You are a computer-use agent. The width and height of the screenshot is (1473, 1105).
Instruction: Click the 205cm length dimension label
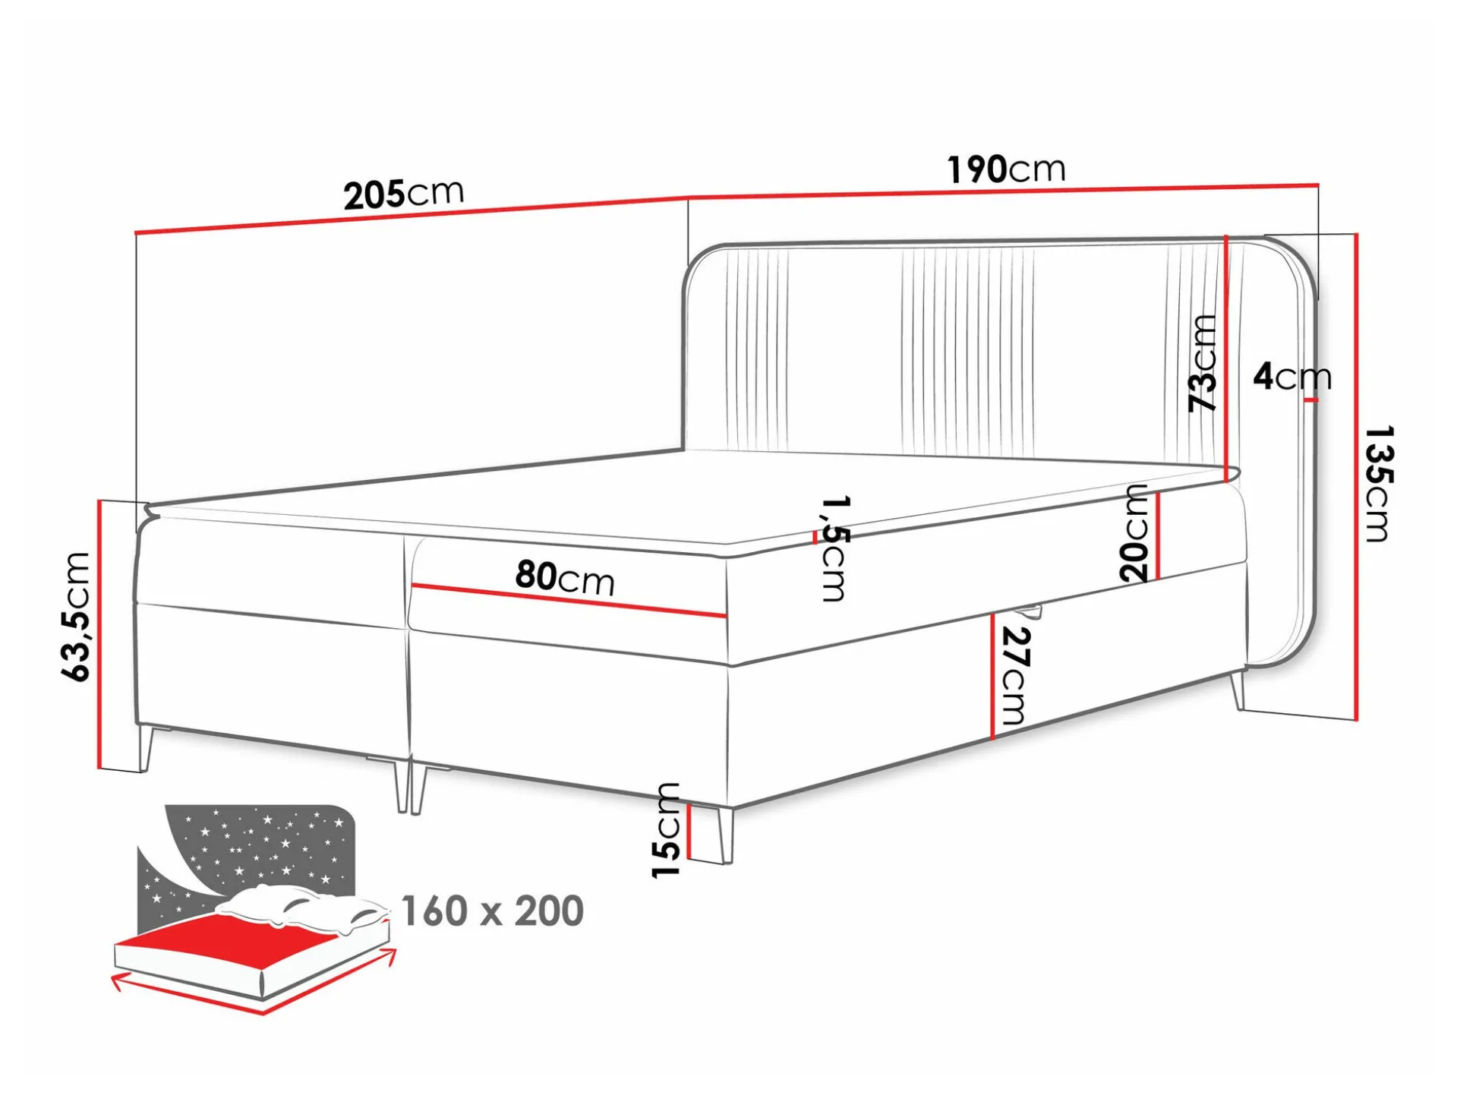403,194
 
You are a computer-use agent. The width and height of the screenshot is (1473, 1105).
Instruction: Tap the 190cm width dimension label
1006,169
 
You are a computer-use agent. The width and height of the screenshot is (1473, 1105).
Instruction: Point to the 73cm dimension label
1203,363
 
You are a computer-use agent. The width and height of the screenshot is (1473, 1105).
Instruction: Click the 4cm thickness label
1292,376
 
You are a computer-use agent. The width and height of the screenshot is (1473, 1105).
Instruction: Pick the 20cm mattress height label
1134,533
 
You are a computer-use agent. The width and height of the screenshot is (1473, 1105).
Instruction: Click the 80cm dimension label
565,577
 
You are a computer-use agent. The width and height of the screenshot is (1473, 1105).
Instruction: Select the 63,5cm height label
76,617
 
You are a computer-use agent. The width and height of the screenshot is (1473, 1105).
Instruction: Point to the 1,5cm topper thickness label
833,548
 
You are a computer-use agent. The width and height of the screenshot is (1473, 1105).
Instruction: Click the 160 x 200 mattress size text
492,911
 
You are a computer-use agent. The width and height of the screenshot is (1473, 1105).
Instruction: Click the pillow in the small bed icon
300,908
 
